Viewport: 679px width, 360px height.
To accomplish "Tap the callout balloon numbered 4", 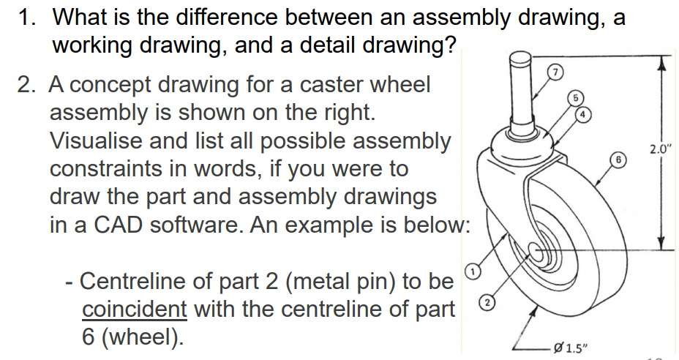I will click(584, 115).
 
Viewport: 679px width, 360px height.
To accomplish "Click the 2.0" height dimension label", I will click(660, 150).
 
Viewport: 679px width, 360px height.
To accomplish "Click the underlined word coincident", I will click(135, 309).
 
